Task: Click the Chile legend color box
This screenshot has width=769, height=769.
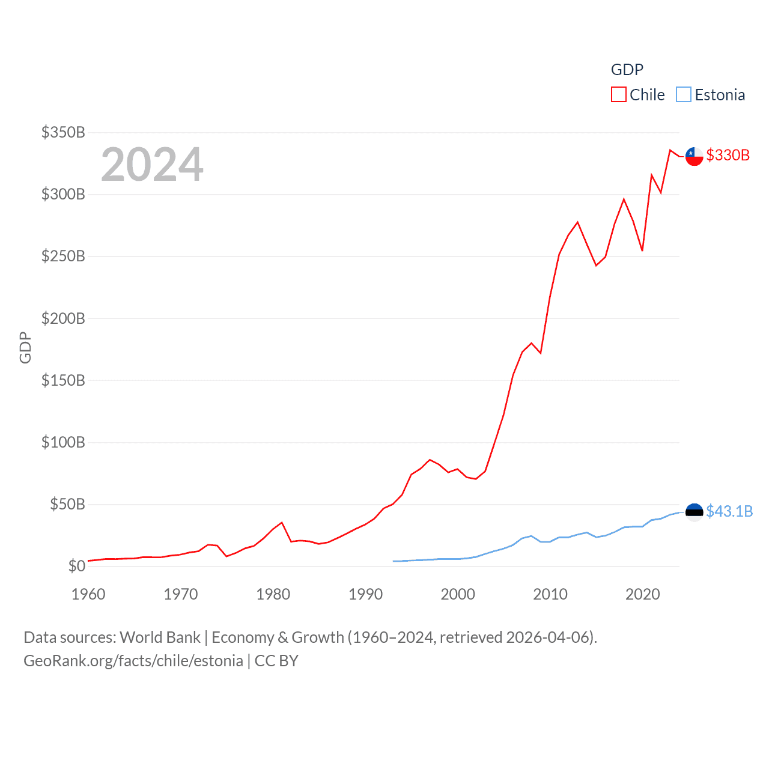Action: tap(619, 95)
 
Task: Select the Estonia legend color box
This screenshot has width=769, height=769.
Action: tap(684, 95)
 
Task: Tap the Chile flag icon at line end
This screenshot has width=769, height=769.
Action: tap(694, 156)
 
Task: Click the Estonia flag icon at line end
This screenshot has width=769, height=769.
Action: tap(694, 512)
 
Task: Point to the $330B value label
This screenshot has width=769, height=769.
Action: tap(728, 156)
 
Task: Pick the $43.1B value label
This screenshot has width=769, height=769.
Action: tap(729, 511)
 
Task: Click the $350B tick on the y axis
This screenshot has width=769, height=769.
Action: tap(63, 132)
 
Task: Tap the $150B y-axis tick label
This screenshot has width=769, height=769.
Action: tap(63, 380)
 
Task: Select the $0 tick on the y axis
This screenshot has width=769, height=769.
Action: tap(76, 566)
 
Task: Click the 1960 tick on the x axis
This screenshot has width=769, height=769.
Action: tap(88, 594)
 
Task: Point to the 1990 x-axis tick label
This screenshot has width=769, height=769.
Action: tap(365, 594)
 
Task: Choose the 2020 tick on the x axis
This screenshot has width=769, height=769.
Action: tap(642, 594)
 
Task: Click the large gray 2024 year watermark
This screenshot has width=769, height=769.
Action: tap(152, 165)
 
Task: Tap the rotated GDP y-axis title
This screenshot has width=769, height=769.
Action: tap(25, 347)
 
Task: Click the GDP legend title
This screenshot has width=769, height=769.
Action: tap(627, 70)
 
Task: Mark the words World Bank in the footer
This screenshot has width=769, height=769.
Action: tap(160, 637)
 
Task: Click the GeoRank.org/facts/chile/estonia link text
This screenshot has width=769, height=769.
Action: tap(133, 661)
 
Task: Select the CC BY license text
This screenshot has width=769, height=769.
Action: tap(276, 661)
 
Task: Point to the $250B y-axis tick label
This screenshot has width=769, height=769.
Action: tap(63, 257)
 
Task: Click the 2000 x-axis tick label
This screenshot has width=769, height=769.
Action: tap(458, 594)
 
